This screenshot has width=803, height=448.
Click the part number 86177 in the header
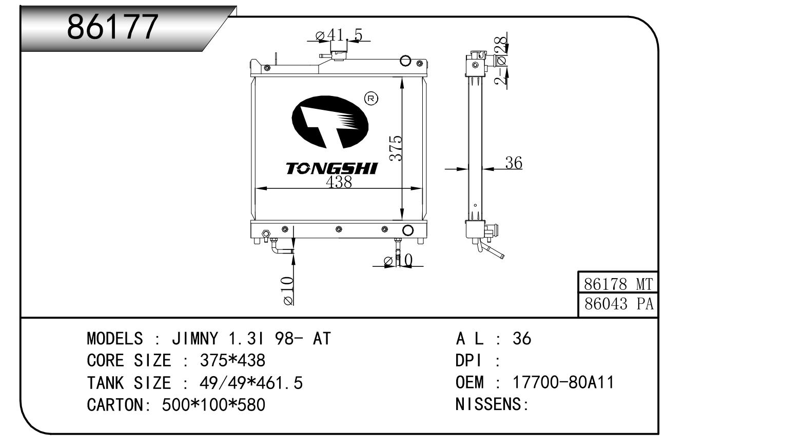(x=112, y=27)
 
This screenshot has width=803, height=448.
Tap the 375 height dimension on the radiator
(x=395, y=148)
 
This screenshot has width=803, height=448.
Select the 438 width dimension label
(x=339, y=182)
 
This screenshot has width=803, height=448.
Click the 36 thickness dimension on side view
(x=513, y=163)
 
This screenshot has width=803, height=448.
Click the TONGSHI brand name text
(x=331, y=168)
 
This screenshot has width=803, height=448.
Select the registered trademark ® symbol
(x=370, y=99)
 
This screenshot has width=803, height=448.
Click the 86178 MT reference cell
(x=618, y=283)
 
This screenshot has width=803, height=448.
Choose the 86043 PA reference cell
(x=618, y=304)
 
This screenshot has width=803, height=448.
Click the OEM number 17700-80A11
(x=563, y=382)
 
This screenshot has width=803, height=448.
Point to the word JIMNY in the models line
(x=194, y=339)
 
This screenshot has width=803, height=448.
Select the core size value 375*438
(x=232, y=361)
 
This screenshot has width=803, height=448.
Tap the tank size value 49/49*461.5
(x=250, y=383)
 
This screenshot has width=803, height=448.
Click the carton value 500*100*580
(x=213, y=405)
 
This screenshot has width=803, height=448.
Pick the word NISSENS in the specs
(x=488, y=404)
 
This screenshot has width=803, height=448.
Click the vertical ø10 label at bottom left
(x=288, y=291)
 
